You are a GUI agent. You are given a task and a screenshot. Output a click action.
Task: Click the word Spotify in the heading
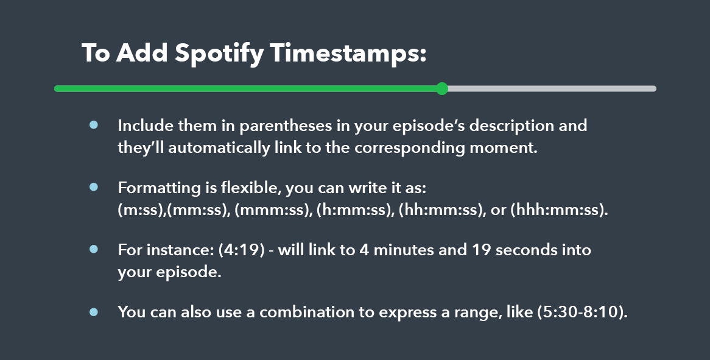point(219,54)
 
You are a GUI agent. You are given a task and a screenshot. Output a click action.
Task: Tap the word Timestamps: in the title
point(348,54)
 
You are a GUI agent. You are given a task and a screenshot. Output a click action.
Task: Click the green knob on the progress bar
point(443,89)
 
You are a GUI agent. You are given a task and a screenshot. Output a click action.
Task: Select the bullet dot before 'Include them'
point(94,124)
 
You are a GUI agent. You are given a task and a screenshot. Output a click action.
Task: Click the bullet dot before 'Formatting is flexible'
point(94,186)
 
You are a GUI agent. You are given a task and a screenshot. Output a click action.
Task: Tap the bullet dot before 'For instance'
point(94,249)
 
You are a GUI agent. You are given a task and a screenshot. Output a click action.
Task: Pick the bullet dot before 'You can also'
point(94,311)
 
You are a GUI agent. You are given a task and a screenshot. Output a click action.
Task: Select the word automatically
point(219,148)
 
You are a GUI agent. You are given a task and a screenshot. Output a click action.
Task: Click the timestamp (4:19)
point(241,250)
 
